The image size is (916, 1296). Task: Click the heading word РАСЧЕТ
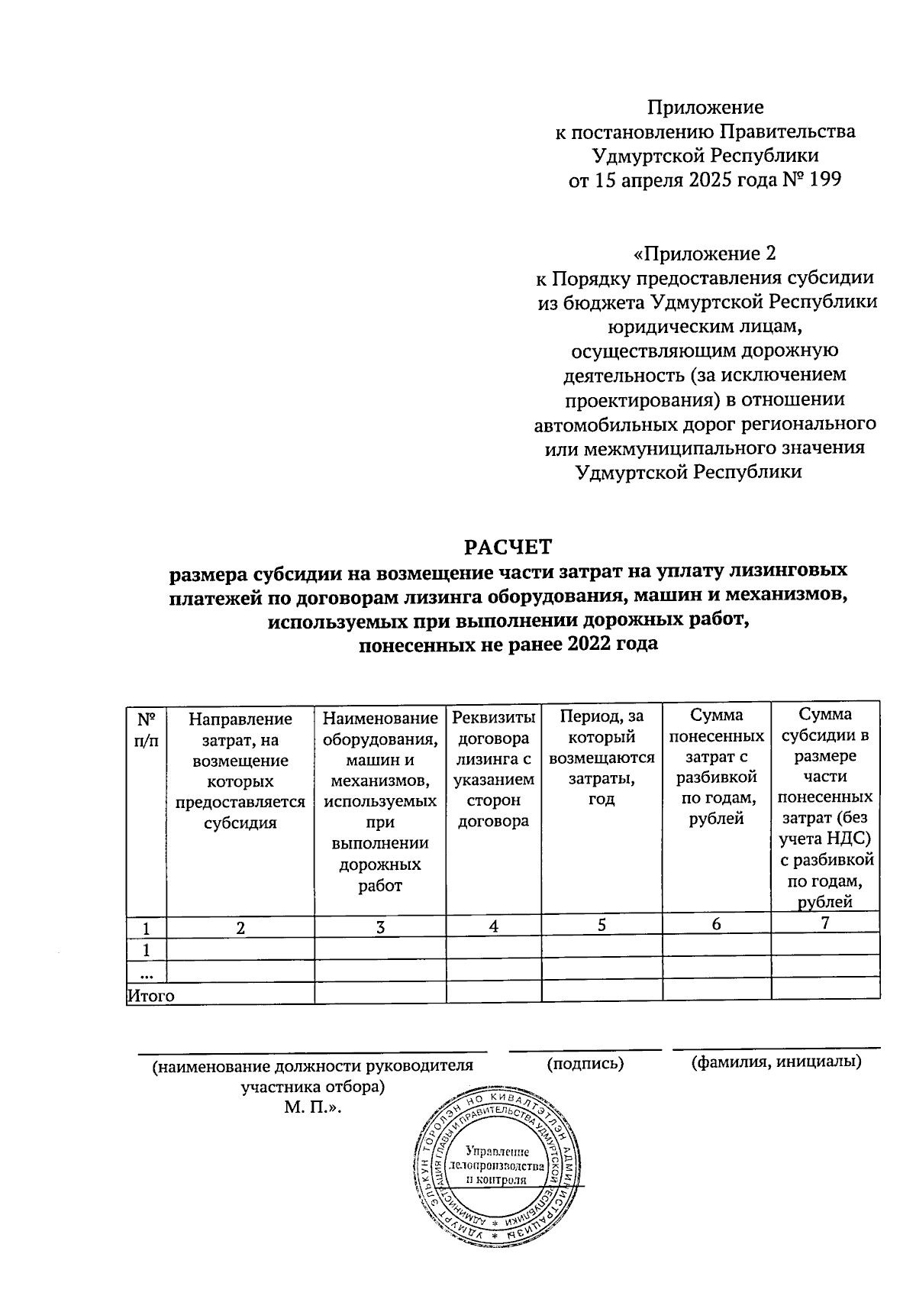(508, 548)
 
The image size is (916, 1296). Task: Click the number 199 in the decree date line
(823, 181)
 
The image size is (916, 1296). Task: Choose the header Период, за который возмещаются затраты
(602, 758)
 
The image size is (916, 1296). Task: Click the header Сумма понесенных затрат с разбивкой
(716, 767)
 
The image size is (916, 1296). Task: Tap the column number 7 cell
(824, 923)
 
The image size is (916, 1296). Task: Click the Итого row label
(150, 996)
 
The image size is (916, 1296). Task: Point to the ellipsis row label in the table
(146, 972)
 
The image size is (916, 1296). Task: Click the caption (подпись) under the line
(585, 1063)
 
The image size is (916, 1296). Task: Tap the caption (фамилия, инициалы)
(776, 1062)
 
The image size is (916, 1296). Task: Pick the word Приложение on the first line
(705, 107)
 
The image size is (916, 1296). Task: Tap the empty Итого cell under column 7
(824, 993)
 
